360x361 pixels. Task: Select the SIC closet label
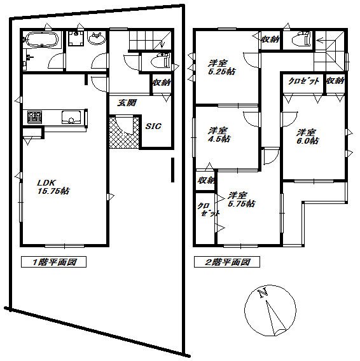[x=153, y=126]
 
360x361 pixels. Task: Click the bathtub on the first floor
[x=42, y=41]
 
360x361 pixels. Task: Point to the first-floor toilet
[x=158, y=62]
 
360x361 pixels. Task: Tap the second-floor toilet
[x=298, y=40]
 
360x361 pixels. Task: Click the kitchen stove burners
[x=34, y=118]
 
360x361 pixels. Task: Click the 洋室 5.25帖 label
[x=221, y=67]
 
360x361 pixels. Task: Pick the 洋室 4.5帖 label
[x=219, y=135]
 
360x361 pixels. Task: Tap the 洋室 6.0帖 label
[x=307, y=137]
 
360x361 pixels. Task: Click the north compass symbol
[x=270, y=311]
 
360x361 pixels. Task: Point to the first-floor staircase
[x=149, y=39]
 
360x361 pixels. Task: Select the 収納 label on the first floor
[x=160, y=82]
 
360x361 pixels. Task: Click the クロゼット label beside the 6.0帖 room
[x=303, y=81]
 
